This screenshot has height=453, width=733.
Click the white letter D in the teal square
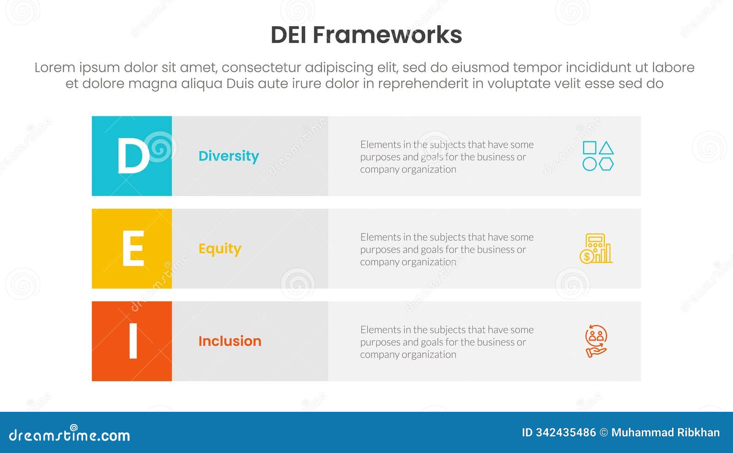pos(133,156)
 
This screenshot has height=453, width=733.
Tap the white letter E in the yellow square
pos(133,248)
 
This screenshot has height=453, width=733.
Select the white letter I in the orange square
pos(133,341)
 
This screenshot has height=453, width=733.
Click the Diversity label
pos(229,156)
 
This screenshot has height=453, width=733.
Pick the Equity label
pos(219,249)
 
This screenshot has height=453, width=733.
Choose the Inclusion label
pos(230,341)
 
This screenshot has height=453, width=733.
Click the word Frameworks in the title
pos(387,35)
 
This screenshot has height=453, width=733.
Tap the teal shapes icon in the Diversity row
pos(598,156)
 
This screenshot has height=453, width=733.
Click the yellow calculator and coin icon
pos(596,248)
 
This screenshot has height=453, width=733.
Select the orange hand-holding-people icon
pos(596,341)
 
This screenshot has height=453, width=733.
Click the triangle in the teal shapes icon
pos(606,148)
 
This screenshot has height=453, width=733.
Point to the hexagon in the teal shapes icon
pos(606,164)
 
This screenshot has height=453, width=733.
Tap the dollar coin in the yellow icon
pos(586,257)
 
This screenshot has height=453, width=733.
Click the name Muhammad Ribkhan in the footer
pos(665,432)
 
